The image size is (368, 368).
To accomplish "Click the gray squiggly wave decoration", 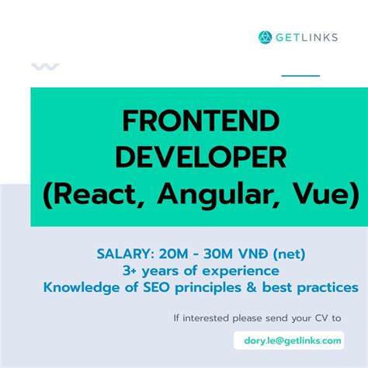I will pos(45,67).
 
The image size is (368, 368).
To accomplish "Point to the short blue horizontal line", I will pos(300,75).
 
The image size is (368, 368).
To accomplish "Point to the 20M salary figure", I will pos(172,254).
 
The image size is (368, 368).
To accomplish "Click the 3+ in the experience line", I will pos(130,270).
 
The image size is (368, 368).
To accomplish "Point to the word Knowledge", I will pos(81,287).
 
